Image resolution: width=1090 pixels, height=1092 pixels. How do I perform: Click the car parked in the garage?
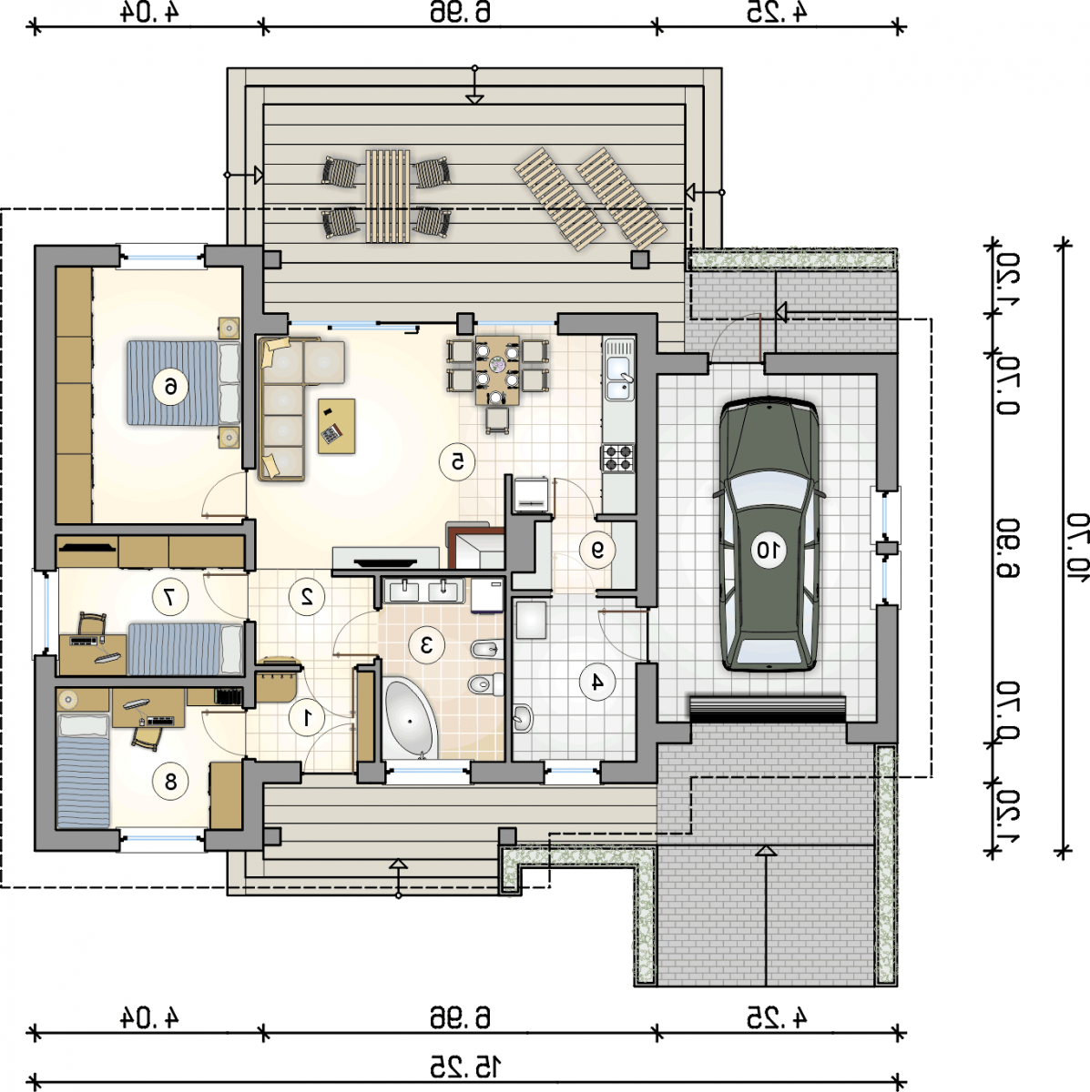click(x=769, y=533)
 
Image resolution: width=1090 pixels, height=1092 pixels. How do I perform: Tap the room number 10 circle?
click(x=769, y=549)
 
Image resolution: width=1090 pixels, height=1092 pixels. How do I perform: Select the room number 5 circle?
click(x=457, y=462)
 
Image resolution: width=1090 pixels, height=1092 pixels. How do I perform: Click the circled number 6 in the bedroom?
click(x=170, y=387)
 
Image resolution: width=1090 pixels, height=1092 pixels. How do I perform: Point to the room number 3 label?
click(x=426, y=644)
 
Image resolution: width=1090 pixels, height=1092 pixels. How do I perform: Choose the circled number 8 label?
click(x=170, y=782)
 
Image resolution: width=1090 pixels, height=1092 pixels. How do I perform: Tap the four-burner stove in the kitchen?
click(x=617, y=458)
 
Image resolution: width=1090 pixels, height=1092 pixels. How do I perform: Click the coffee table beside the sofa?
click(x=337, y=426)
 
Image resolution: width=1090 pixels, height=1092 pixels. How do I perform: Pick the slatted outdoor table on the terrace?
click(x=388, y=196)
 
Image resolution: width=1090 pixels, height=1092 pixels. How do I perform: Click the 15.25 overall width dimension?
click(x=465, y=1067)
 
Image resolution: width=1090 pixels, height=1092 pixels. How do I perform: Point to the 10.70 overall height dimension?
click(x=1076, y=548)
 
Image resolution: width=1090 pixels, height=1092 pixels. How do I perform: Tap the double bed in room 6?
click(x=184, y=382)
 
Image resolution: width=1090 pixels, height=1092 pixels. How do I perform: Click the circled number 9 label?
click(x=597, y=549)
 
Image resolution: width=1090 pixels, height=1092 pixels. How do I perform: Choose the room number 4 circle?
click(x=597, y=682)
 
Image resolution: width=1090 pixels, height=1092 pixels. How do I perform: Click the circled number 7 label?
click(x=170, y=595)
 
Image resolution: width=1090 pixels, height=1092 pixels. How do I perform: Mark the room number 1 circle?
click(x=307, y=718)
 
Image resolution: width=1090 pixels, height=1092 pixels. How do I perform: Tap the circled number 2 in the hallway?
click(x=307, y=595)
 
